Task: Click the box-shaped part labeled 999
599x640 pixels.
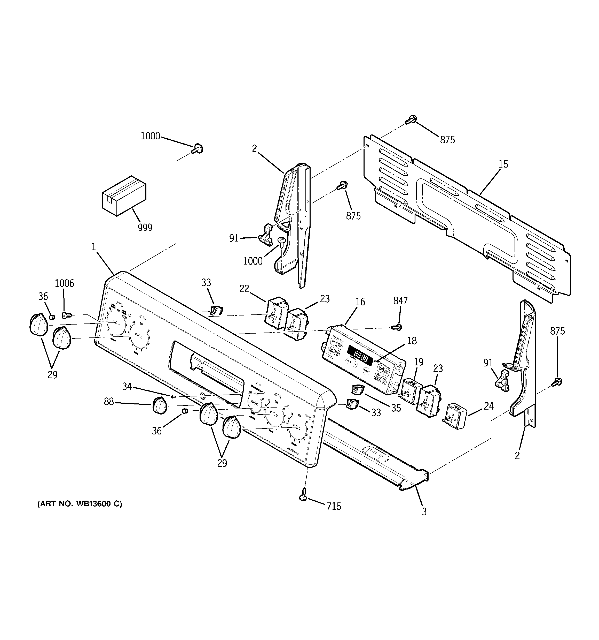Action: pyautogui.click(x=124, y=195)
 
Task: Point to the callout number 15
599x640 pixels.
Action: pyautogui.click(x=503, y=164)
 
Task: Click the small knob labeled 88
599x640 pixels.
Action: pyautogui.click(x=159, y=405)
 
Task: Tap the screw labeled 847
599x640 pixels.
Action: pyautogui.click(x=397, y=327)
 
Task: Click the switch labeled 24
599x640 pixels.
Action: pyautogui.click(x=455, y=417)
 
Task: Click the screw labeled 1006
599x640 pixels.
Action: pyautogui.click(x=66, y=315)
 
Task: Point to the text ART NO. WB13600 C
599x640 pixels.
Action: pyautogui.click(x=80, y=513)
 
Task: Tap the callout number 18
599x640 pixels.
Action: pyautogui.click(x=412, y=341)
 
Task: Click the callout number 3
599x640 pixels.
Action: pyautogui.click(x=424, y=511)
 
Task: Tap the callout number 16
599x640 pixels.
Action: pyautogui.click(x=360, y=302)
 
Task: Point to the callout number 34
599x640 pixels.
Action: pyautogui.click(x=127, y=386)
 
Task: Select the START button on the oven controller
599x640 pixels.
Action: pyautogui.click(x=366, y=371)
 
